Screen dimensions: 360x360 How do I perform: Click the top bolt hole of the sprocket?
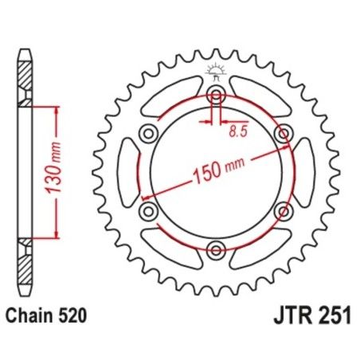tap(215, 95)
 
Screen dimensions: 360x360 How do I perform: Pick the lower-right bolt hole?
tap(282, 211)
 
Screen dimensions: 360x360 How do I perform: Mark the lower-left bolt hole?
tap(148, 211)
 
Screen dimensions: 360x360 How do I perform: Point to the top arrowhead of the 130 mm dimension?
tap(56, 108)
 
